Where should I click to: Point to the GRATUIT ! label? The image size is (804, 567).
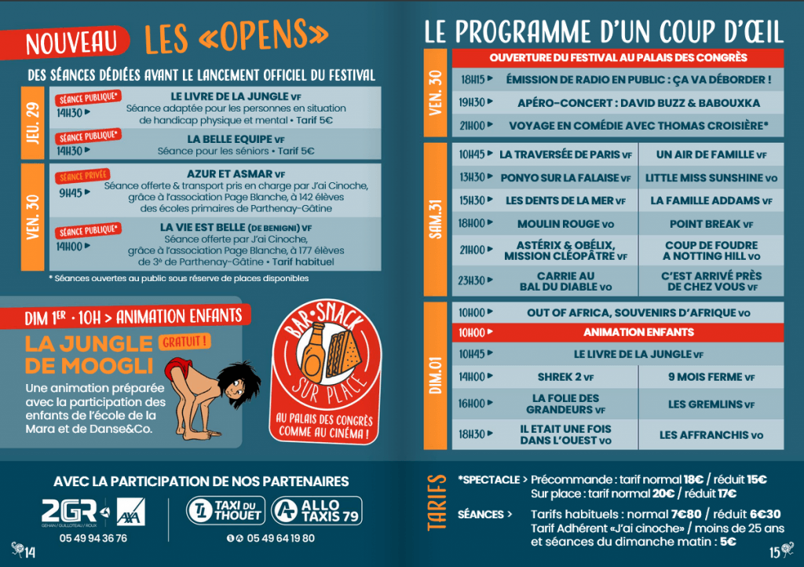click(x=185, y=342)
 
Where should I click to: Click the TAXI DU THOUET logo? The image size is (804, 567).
click(x=225, y=510)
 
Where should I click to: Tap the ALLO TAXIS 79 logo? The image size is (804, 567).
click(x=316, y=510)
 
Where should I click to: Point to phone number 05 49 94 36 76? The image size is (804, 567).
click(x=93, y=539)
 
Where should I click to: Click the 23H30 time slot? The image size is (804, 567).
click(x=472, y=281)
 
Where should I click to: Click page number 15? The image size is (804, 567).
click(x=773, y=551)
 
